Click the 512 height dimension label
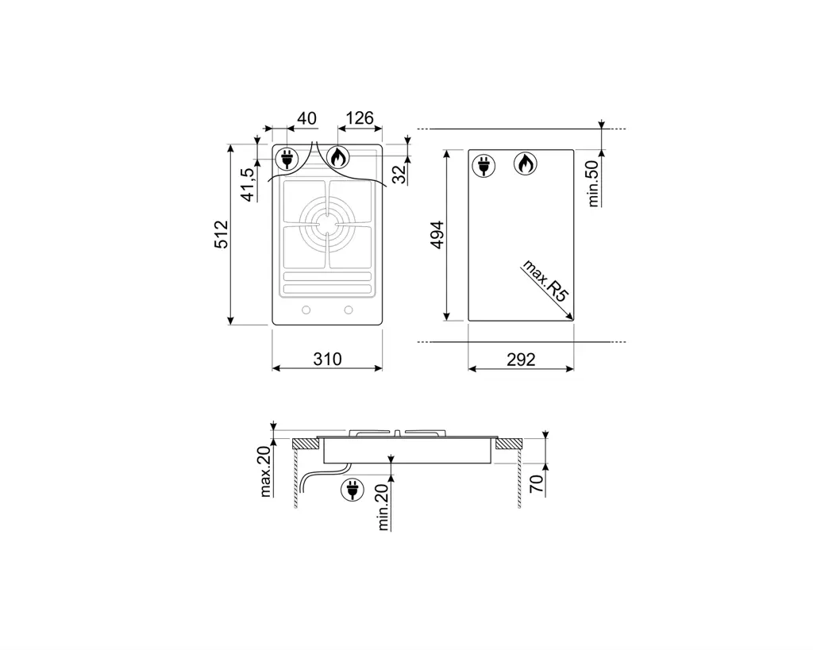[222, 234]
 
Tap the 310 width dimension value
[327, 359]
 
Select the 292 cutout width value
[521, 360]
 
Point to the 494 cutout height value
[437, 235]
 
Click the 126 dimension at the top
[360, 118]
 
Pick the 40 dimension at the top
[306, 118]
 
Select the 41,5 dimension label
[249, 185]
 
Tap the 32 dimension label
[399, 174]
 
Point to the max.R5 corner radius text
[545, 280]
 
